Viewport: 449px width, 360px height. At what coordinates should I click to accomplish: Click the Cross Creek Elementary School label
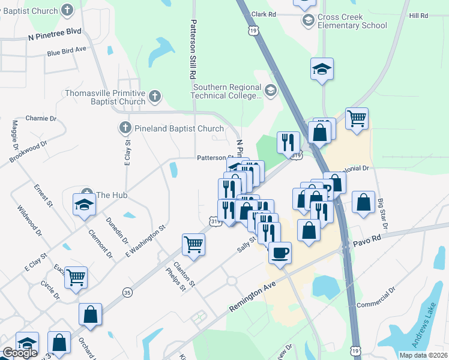[x=352, y=22]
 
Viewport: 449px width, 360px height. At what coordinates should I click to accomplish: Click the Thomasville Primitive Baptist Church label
[x=105, y=98]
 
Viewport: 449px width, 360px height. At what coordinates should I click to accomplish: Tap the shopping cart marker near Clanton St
[x=193, y=244]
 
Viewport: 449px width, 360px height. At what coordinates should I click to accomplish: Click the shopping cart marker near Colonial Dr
[x=357, y=119]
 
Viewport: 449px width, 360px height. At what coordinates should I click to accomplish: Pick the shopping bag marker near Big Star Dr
[x=363, y=202]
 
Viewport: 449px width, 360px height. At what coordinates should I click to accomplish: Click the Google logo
[x=20, y=353]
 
